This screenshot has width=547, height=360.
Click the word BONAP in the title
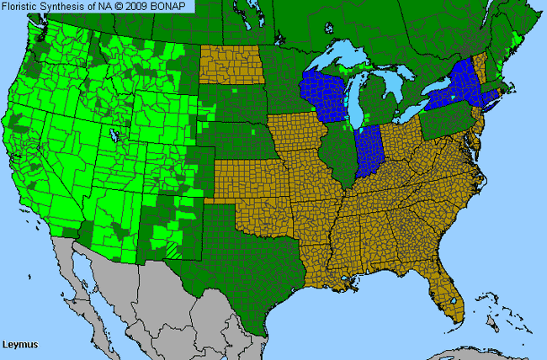(174, 6)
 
